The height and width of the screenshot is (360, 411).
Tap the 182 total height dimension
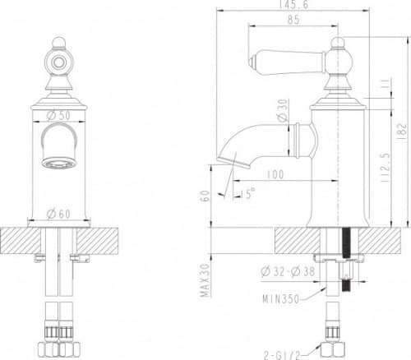coord(399,128)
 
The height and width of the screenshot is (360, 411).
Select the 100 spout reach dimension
coord(275,174)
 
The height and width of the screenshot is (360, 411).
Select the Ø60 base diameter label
coord(59,214)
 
